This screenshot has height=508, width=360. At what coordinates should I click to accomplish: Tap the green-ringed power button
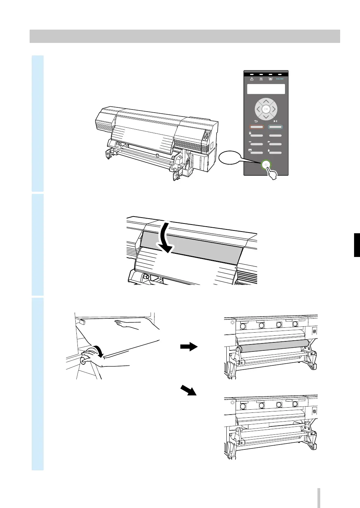click(266, 165)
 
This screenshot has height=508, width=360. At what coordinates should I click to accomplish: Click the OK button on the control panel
click(266, 109)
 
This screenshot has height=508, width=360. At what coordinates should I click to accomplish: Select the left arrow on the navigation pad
click(258, 109)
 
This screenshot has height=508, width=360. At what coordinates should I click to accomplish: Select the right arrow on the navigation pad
click(274, 109)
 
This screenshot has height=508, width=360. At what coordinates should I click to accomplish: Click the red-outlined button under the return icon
click(256, 127)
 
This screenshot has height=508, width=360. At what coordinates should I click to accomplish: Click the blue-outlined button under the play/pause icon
click(275, 127)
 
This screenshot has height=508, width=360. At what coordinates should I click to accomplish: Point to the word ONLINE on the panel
click(280, 79)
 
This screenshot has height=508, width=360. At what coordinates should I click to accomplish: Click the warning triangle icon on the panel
click(252, 79)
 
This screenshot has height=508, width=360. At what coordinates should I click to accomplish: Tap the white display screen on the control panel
click(266, 89)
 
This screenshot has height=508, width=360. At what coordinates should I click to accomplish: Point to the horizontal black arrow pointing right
click(189, 347)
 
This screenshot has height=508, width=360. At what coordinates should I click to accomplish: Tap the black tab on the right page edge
click(357, 245)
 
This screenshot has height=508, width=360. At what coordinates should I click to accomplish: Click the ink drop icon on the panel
click(269, 151)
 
